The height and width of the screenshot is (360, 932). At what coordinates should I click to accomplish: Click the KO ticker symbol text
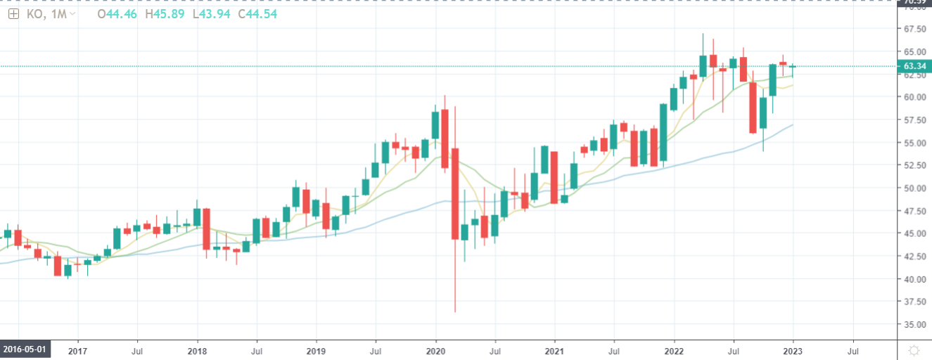point(32,14)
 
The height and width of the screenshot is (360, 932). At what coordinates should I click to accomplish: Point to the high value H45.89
point(165,14)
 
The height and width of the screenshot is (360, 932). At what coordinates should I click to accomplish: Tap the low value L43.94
point(209,14)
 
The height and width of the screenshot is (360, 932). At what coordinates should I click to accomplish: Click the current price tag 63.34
point(914,66)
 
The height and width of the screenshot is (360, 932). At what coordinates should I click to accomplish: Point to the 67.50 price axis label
point(914,29)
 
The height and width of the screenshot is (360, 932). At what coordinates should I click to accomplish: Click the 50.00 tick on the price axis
point(914,188)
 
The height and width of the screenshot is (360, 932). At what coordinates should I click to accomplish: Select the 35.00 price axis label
point(914,325)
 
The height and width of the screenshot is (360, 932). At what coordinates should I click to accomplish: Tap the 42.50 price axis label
point(914,257)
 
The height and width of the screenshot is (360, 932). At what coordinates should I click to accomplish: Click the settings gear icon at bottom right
point(914,349)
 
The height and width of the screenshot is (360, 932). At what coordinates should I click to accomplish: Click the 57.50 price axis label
point(914,120)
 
